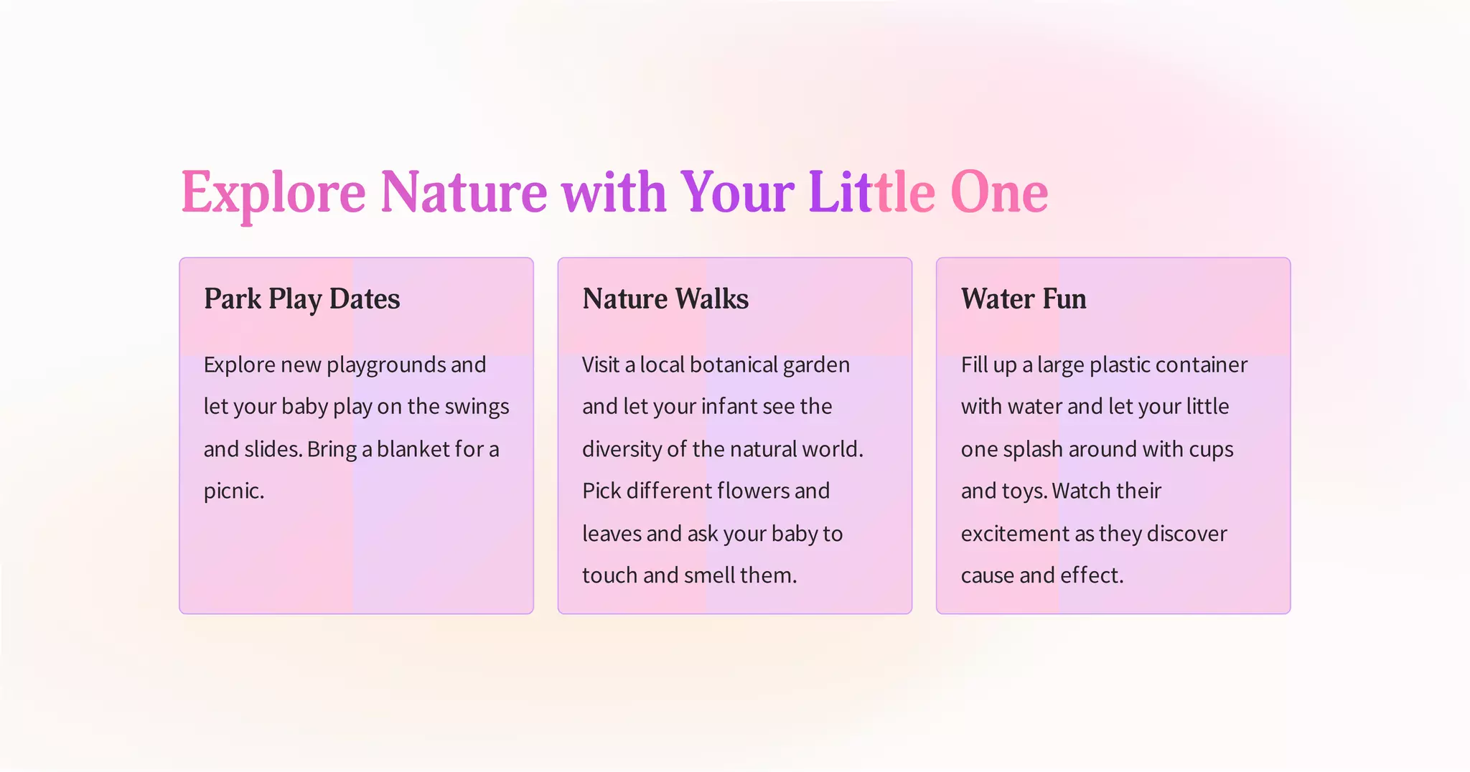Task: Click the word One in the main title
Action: pyautogui.click(x=998, y=192)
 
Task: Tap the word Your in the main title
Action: pyautogui.click(x=736, y=192)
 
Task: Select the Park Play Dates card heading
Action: pyautogui.click(x=301, y=298)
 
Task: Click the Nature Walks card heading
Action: pyautogui.click(x=665, y=298)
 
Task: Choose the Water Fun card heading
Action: pyautogui.click(x=1023, y=298)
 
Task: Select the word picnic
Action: pyautogui.click(x=233, y=491)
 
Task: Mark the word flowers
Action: pyautogui.click(x=732, y=491)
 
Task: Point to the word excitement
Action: pyautogui.click(x=1014, y=534)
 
